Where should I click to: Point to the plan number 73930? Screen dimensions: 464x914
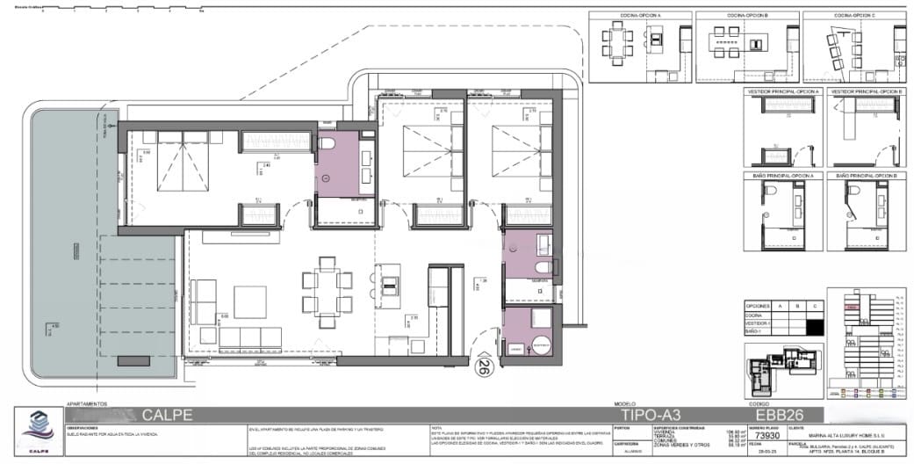coord(768,435)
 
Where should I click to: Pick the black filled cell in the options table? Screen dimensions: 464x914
coord(816,324)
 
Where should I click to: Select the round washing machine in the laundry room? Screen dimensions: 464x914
coord(538,345)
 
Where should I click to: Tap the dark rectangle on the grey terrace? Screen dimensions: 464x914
coord(132,360)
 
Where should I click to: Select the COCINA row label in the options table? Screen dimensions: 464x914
coord(754,315)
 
